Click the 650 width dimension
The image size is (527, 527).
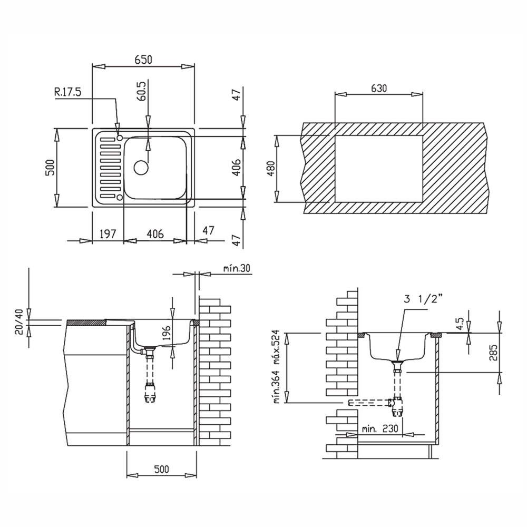[142, 60]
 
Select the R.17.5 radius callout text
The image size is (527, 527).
[67, 93]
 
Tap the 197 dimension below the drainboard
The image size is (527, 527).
[108, 233]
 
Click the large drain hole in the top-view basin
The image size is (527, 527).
[141, 167]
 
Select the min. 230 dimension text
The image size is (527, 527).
[380, 430]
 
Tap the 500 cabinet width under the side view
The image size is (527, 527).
[162, 469]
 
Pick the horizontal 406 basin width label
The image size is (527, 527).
[154, 233]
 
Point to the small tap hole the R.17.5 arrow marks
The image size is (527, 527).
[119, 138]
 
